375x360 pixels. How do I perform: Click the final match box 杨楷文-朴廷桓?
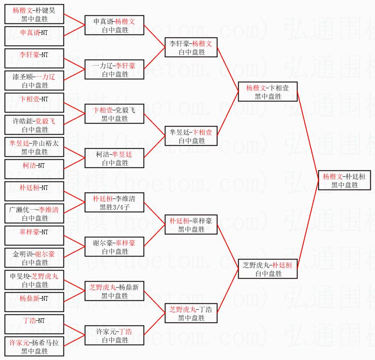point(345,181)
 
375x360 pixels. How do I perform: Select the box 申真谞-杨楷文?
point(115,26)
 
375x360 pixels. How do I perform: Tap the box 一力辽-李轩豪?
point(115,70)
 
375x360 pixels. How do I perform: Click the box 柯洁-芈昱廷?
point(115,158)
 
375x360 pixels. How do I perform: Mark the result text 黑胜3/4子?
point(115,207)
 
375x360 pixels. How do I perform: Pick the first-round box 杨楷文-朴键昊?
point(34,14)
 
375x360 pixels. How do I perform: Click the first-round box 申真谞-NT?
point(34,37)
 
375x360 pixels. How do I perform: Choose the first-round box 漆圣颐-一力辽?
point(34,81)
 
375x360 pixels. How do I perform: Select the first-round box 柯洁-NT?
point(34,170)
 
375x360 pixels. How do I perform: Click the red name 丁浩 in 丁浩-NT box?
point(29,321)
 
